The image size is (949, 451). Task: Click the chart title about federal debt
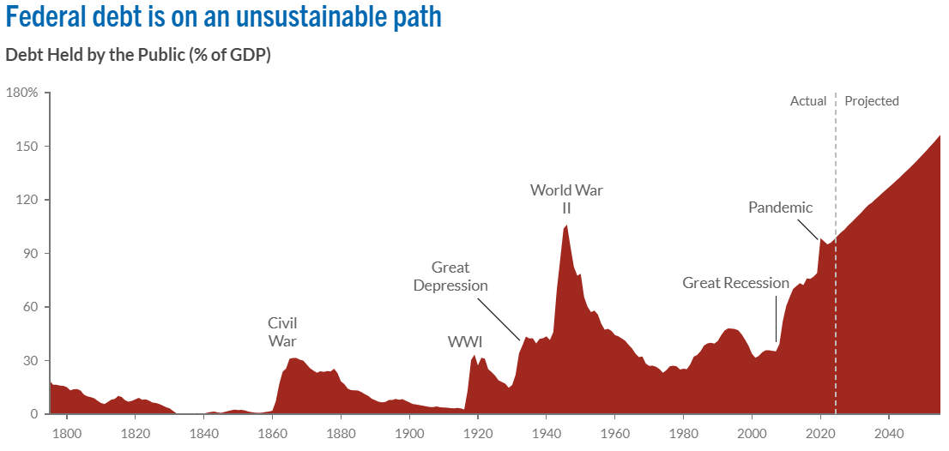(x=223, y=16)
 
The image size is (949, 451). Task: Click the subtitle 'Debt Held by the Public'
(x=138, y=56)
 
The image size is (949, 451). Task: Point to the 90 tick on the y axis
(x=31, y=254)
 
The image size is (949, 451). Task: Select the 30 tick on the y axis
(x=31, y=361)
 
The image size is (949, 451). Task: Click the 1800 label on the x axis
(x=66, y=432)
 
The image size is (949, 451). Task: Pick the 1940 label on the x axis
(x=547, y=432)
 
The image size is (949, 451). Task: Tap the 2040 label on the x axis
(x=889, y=432)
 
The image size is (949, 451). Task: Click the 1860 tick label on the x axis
(x=272, y=432)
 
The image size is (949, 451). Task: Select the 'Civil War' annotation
(x=282, y=332)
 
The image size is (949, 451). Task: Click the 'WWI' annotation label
(x=465, y=342)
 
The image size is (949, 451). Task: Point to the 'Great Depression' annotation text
(x=450, y=276)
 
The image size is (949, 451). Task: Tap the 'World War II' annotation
(x=566, y=199)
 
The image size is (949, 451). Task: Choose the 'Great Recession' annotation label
(x=735, y=283)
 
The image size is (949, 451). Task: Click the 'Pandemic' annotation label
(x=780, y=207)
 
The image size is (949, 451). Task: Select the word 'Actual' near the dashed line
(x=808, y=101)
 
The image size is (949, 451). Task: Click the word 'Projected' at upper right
(x=872, y=101)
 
